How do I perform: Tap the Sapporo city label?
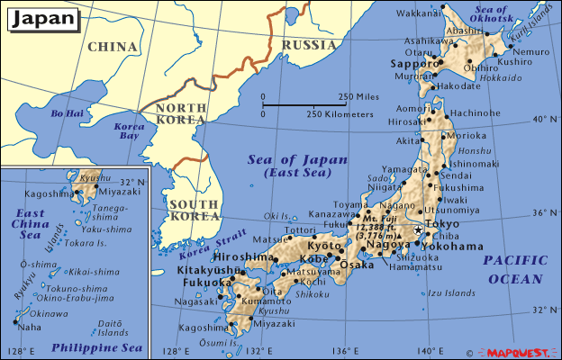(x=412, y=66)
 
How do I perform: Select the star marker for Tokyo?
(x=419, y=230)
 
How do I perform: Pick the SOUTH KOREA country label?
(x=193, y=211)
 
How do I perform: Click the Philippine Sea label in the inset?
(x=96, y=346)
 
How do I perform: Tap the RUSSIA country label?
(x=310, y=44)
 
